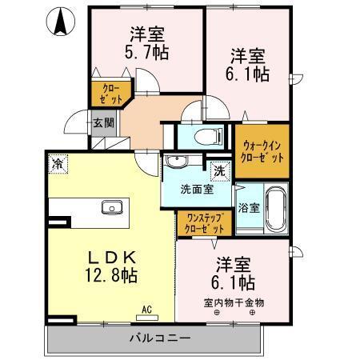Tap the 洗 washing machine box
pos(218,170)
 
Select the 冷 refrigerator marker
pos(58,163)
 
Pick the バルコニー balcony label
pos(158,336)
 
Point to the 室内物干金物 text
pos(234,302)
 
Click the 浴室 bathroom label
pos(249,208)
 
